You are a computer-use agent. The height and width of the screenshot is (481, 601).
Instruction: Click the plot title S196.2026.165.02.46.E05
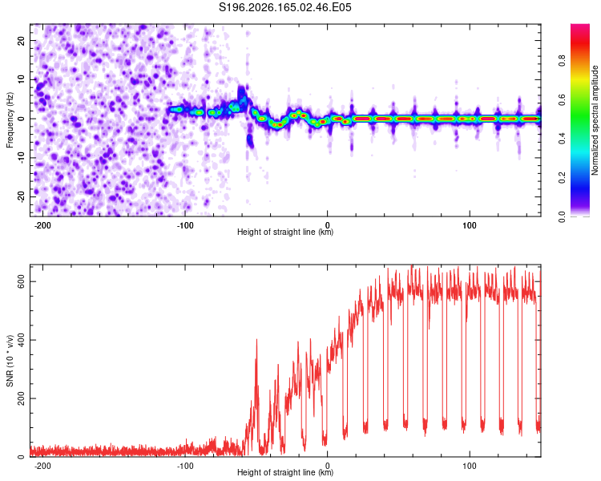point(284,7)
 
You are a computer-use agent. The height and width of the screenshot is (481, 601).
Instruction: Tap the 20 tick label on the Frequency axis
point(21,41)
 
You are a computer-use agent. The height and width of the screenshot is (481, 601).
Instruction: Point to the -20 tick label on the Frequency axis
point(21,196)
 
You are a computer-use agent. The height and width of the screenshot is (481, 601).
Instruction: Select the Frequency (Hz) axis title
point(9,120)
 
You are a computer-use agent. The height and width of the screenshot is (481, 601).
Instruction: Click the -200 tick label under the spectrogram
point(42,225)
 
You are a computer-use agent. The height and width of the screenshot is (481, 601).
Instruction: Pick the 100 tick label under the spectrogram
point(469,225)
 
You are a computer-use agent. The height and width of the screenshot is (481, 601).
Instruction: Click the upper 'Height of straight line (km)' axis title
point(285,232)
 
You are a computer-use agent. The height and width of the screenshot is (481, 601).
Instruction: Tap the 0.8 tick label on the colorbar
point(562,61)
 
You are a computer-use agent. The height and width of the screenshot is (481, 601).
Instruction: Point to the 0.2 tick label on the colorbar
point(562,178)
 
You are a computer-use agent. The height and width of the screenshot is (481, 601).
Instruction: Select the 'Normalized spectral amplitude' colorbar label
point(595,120)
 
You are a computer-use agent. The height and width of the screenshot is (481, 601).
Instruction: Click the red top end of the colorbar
point(580,26)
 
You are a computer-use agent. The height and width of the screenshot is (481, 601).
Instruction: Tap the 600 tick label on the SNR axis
point(21,281)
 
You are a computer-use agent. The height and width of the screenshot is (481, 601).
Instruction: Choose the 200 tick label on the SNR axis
point(21,398)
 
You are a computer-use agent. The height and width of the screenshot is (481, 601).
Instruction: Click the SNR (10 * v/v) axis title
point(9,361)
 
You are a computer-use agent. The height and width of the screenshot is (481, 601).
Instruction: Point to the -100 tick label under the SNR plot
point(185,466)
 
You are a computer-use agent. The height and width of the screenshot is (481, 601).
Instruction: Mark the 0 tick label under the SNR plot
point(327,466)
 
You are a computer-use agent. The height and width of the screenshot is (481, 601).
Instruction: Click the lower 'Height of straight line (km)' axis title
point(285,472)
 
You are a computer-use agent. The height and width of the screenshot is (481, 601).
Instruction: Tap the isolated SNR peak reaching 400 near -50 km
point(256,340)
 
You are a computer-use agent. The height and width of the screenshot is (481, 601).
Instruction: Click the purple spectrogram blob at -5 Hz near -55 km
point(250,141)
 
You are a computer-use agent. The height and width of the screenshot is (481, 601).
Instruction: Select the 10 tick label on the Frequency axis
point(21,80)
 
